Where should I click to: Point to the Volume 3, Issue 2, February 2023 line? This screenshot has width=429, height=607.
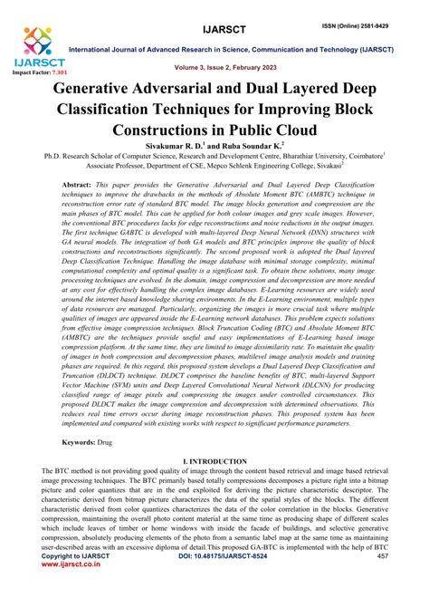pos(215,67)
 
